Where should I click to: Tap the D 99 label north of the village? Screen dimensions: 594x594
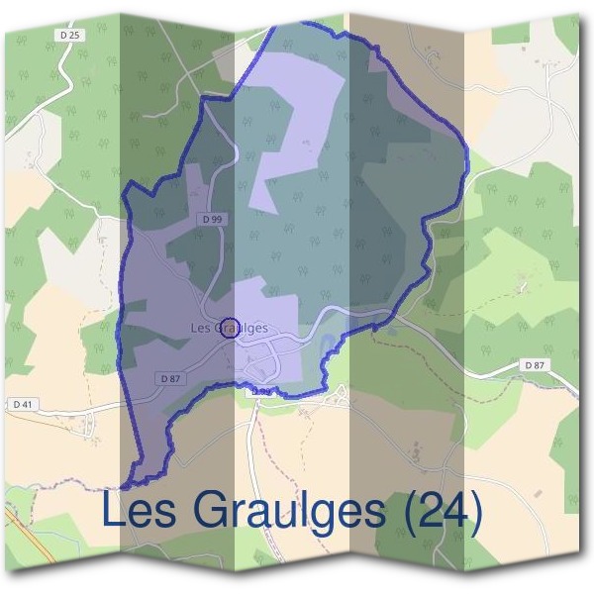pyautogui.click(x=209, y=218)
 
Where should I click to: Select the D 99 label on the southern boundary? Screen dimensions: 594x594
pyautogui.click(x=260, y=392)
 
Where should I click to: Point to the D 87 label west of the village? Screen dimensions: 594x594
pyautogui.click(x=169, y=378)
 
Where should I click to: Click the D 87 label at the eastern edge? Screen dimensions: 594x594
pyautogui.click(x=534, y=366)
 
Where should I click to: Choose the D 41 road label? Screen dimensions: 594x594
pyautogui.click(x=23, y=404)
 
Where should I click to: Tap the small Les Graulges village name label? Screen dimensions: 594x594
pyautogui.click(x=229, y=328)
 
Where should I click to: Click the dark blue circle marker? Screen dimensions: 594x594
pyautogui.click(x=229, y=328)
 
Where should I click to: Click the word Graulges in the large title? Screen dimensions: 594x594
pyautogui.click(x=288, y=513)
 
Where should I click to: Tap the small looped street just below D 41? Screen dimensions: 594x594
pyautogui.click(x=89, y=426)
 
